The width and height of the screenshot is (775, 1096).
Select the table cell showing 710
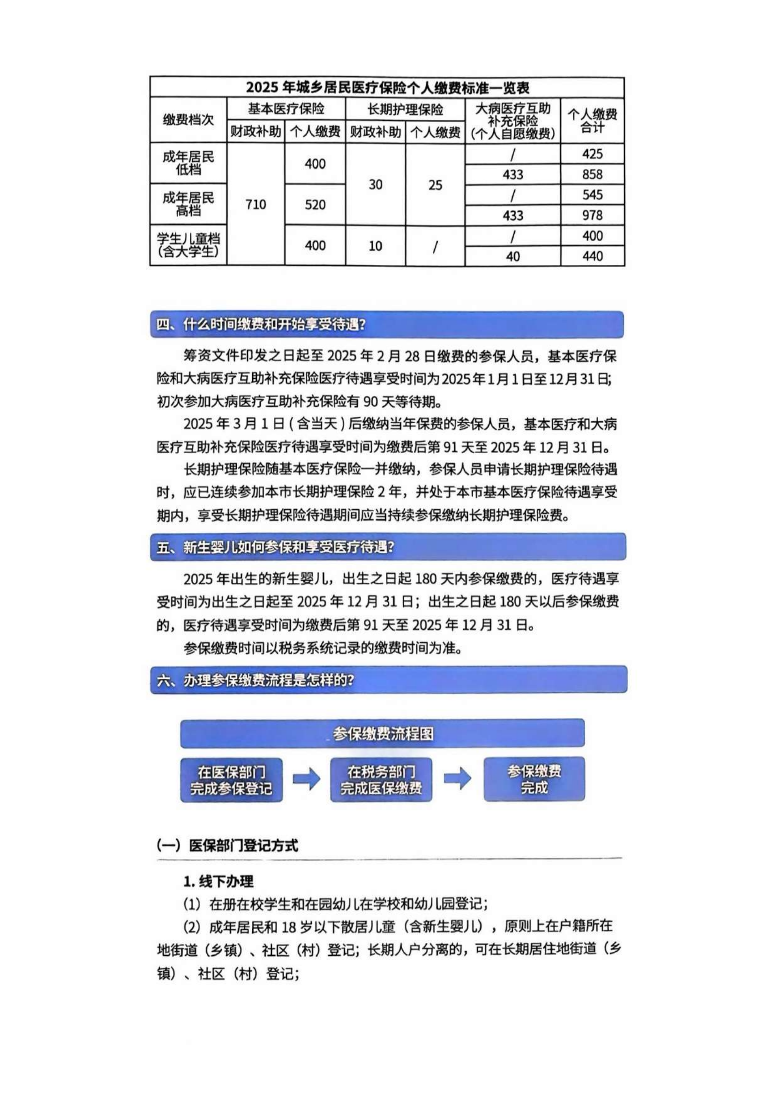256,205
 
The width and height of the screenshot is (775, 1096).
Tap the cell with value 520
315,205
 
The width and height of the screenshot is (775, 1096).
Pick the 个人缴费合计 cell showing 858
592,174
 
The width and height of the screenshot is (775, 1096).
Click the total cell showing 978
592,215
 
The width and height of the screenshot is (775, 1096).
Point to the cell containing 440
592,256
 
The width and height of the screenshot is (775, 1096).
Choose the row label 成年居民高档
188,204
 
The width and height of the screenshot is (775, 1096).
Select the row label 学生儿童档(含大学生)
188,246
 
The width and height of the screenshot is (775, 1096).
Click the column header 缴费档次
188,120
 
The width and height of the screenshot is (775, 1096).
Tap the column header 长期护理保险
405,109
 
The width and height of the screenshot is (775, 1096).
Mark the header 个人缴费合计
592,120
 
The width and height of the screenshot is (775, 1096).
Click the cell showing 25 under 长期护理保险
435,185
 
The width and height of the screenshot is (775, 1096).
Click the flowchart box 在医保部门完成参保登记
232,781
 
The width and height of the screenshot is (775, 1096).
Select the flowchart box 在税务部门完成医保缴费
381,781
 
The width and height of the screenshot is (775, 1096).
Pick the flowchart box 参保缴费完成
534,780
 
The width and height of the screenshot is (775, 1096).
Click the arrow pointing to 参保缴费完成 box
458,779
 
